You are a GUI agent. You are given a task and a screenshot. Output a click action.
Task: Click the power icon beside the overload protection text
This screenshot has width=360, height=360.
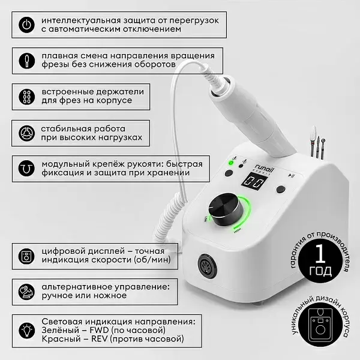[26, 25]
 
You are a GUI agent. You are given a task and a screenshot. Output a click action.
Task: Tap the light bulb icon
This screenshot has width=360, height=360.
[27, 331]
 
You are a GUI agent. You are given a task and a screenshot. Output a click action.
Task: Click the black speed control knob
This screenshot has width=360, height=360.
[226, 209]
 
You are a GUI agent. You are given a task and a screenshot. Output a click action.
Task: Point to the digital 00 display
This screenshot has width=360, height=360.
[254, 181]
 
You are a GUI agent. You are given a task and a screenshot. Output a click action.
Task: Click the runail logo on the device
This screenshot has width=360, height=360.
[265, 170]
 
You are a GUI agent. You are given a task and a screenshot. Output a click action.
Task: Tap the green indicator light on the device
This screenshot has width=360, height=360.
[231, 163]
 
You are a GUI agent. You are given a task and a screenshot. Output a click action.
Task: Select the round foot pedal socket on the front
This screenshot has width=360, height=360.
[207, 267]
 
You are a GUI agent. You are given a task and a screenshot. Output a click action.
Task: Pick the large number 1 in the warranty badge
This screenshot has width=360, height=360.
[320, 254]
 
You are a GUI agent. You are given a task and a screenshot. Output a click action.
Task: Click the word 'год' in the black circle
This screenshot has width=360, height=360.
[320, 271]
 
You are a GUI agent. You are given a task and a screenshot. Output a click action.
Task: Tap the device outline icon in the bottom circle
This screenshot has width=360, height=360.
[320, 325]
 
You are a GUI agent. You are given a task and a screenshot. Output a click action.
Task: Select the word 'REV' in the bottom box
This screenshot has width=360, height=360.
[100, 339]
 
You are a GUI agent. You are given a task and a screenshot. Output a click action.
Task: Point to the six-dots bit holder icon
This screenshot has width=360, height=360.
[26, 97]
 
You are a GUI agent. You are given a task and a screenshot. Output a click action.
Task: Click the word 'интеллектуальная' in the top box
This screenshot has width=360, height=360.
[81, 20]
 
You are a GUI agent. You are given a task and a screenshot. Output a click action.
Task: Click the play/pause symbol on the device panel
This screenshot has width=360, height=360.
[291, 176]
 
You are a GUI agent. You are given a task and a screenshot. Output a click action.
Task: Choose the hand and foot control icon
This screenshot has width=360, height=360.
[26, 292]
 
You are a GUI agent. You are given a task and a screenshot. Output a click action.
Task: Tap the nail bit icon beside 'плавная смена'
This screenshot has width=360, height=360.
[26, 61]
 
